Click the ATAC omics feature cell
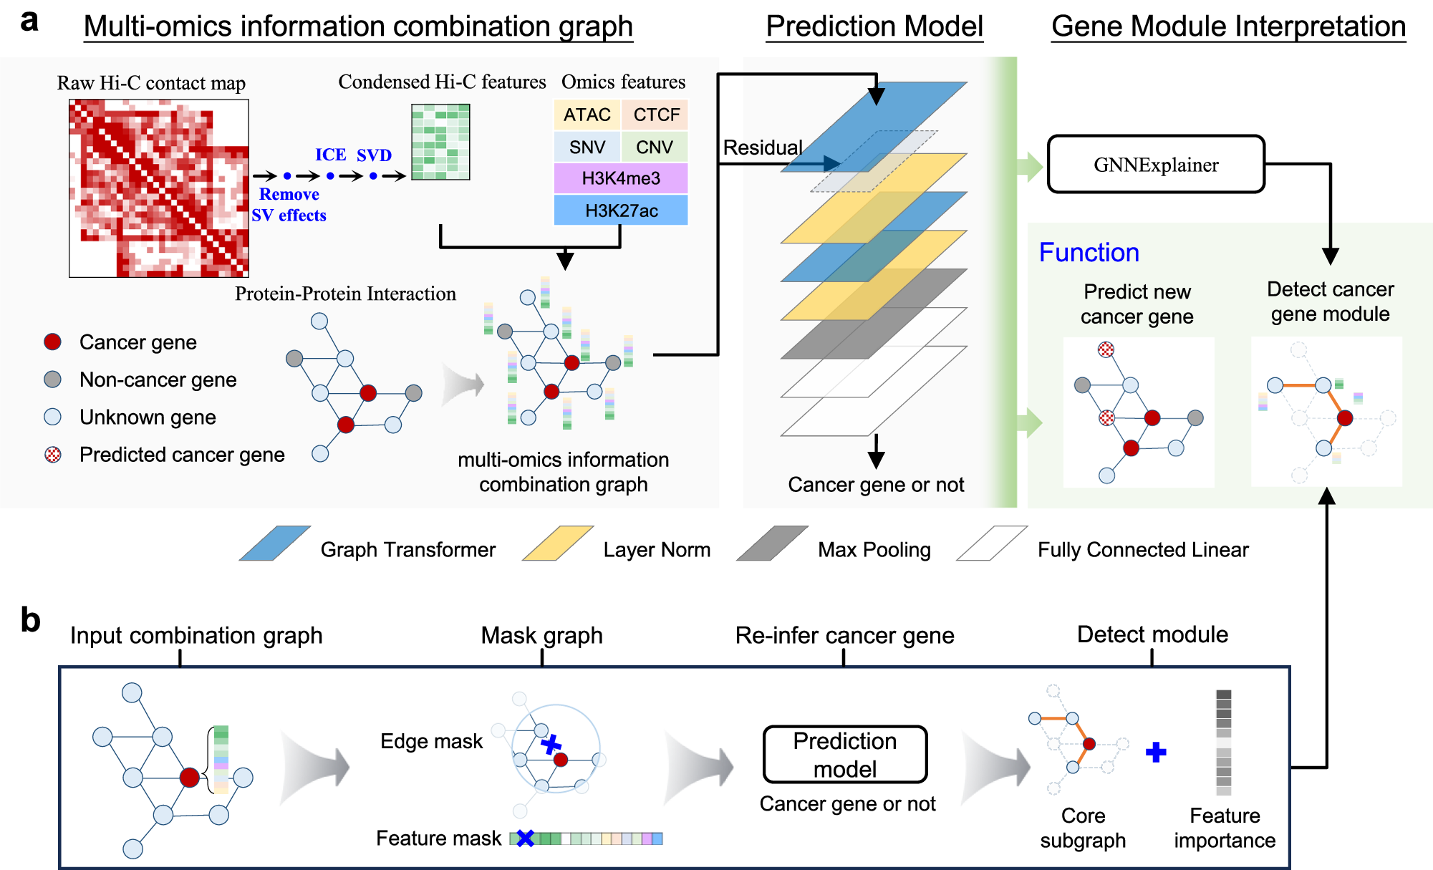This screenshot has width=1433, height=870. pos(587,115)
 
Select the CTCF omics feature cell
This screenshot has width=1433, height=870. pos(655,115)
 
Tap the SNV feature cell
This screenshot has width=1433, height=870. pos(587,147)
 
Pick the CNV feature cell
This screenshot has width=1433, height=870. pos(655,147)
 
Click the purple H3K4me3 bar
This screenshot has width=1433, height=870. pos(621,178)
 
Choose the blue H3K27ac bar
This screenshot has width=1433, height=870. pos(621,211)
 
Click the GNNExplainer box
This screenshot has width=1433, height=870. pos(1156,165)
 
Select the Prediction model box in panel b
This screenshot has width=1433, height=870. pos(845,755)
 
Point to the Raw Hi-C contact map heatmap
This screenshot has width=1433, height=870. pos(159,188)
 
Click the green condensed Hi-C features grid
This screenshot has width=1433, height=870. pos(440,142)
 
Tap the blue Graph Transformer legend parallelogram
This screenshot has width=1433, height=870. pos(275,543)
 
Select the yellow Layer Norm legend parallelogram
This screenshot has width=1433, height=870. pos(559,543)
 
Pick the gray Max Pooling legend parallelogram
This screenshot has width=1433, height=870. pos(773,543)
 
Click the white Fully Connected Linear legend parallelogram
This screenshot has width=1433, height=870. pos(992,543)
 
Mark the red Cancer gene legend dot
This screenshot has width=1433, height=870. pos(52,342)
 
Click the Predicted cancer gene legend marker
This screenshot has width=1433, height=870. pos(53,455)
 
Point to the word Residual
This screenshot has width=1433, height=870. pos(762,148)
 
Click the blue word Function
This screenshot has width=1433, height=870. pos(1089,253)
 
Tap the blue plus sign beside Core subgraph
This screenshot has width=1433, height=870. pos(1156,752)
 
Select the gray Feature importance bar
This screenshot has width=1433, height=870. pos(1224,743)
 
